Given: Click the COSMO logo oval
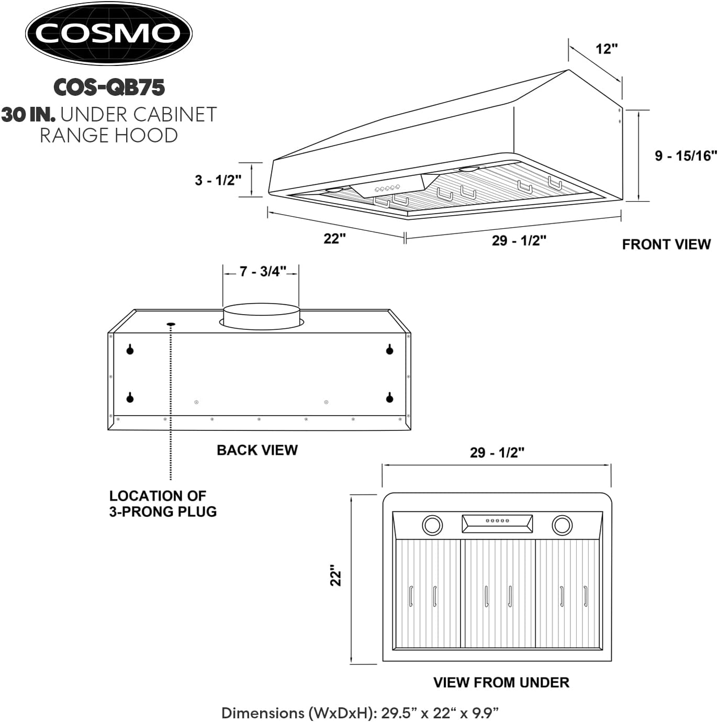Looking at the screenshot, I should tap(109, 34).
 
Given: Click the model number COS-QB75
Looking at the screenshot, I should tap(109, 87).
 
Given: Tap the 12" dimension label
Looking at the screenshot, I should tap(607, 49).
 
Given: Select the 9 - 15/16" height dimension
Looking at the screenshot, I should tap(686, 155).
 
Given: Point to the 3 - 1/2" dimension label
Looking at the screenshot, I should tap(218, 180).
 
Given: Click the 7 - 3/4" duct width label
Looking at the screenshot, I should tap(262, 271).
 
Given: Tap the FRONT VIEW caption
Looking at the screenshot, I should tap(666, 245).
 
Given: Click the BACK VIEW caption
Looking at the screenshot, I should tap(257, 450).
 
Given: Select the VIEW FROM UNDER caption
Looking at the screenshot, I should tap(501, 682).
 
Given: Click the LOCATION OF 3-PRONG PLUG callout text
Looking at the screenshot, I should tap(163, 504).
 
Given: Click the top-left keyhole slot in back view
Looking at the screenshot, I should tap(130, 349).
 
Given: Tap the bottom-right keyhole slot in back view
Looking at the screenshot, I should tap(389, 398).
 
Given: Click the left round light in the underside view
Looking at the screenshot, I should tap(432, 525).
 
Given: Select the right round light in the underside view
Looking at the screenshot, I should tap(562, 525).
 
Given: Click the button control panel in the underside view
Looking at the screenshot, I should tap(497, 523).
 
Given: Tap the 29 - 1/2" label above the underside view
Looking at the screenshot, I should tap(497, 452).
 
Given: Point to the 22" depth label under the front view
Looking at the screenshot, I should tap(334, 239).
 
